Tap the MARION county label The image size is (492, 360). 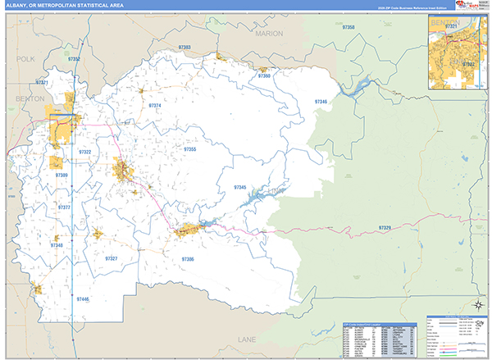[269, 34]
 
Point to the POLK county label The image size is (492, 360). [26, 59]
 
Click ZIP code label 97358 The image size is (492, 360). [349, 28]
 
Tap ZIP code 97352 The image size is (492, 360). [74, 59]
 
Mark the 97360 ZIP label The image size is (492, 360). [264, 75]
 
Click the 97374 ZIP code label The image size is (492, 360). [155, 106]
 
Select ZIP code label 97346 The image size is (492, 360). [321, 101]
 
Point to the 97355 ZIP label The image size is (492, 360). [189, 149]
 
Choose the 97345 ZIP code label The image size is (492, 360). [240, 187]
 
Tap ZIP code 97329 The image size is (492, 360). [385, 226]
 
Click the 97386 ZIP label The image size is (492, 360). [188, 259]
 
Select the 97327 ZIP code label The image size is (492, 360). [112, 258]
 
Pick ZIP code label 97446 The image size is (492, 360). [84, 299]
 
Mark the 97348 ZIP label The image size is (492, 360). [57, 245]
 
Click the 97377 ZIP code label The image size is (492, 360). [64, 207]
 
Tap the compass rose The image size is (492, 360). [473, 308]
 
